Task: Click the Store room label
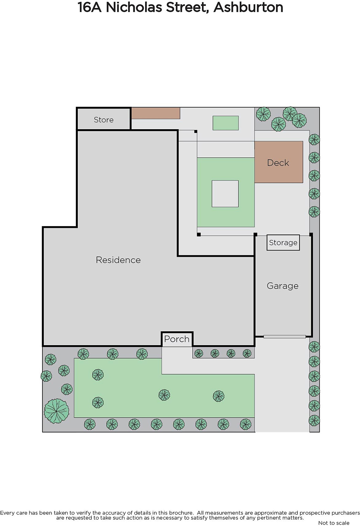103,120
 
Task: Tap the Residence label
118,260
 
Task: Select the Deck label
278,163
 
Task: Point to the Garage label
282,286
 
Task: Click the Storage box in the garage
283,243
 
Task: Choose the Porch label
177,339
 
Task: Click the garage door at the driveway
284,337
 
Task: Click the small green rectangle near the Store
226,123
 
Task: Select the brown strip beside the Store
156,113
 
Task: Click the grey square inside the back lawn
225,194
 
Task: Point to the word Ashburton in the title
248,7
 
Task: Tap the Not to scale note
334,523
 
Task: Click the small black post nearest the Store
195,132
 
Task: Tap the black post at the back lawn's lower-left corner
199,235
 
